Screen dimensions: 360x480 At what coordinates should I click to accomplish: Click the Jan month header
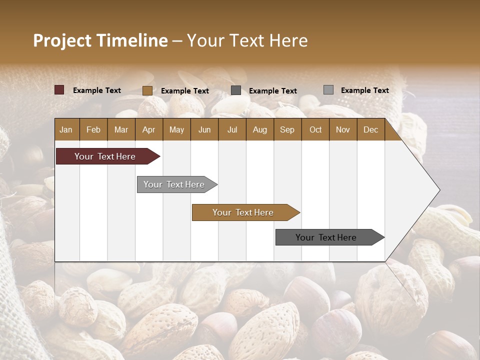pos(66,129)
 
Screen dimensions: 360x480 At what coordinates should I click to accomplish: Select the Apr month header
pos(149,129)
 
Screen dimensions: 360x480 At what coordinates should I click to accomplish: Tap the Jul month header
pos(232,129)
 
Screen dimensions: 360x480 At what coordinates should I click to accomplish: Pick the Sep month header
pos(287,129)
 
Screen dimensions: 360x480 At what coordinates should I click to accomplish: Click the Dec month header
pos(370,129)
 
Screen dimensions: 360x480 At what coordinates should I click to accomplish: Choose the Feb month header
pos(93,129)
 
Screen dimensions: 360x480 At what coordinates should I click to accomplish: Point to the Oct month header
pos(315,129)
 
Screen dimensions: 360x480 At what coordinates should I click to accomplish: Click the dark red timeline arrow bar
pos(105,156)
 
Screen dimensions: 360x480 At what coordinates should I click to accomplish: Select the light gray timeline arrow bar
pos(174,184)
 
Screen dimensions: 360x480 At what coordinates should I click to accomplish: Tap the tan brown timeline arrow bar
pos(243,212)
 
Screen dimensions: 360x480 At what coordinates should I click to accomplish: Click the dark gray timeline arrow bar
pos(326,237)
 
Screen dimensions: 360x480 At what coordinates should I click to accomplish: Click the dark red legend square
pos(59,90)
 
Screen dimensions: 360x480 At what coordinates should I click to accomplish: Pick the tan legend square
pos(147,90)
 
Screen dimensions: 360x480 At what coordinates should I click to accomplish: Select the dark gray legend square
pos(236,90)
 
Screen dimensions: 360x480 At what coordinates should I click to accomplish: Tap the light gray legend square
pos(328,90)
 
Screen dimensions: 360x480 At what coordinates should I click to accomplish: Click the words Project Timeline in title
pos(100,40)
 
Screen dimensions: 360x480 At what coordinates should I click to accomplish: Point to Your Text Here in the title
pos(247,40)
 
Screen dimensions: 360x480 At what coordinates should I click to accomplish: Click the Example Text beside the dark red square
pos(97,90)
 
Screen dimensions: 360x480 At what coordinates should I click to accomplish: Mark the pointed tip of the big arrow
pos(439,189)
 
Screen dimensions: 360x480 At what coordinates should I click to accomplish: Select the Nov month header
pos(343,129)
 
